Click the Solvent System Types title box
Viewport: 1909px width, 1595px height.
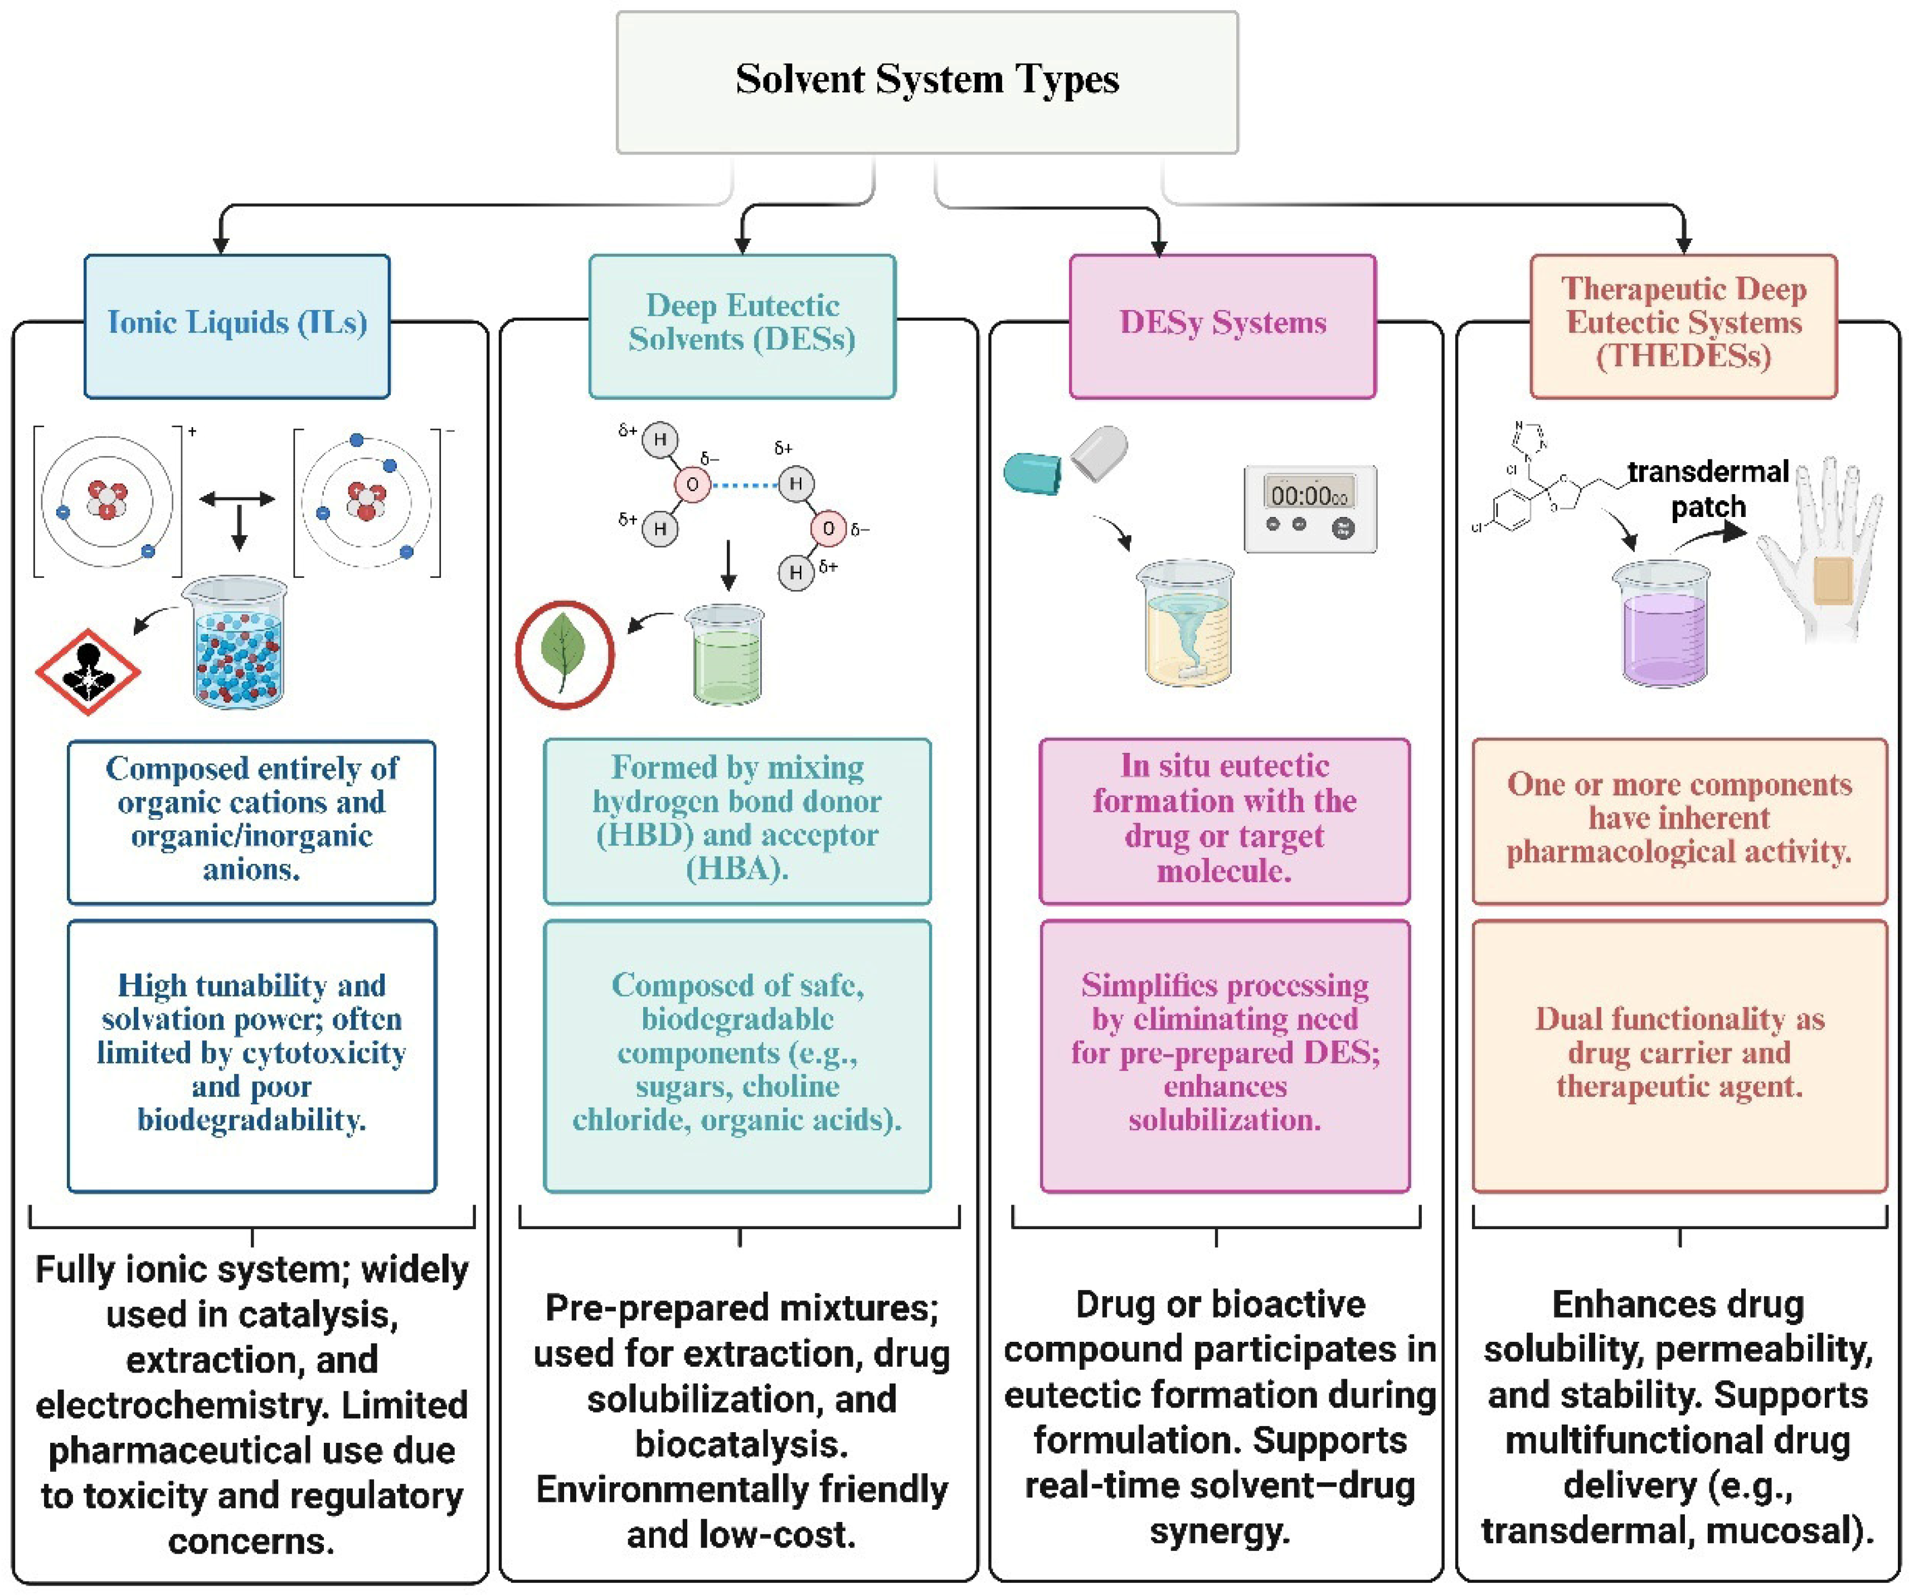point(927,82)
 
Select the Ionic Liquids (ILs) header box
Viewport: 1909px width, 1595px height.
point(237,326)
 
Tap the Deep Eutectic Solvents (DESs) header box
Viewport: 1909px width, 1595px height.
point(742,326)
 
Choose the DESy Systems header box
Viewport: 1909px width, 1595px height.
point(1223,326)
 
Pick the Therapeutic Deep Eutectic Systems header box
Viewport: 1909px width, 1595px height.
point(1684,326)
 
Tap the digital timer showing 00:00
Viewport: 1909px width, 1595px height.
point(1310,509)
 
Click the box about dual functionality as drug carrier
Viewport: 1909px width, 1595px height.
point(1679,1055)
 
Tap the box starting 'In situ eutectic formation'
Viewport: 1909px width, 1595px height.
point(1225,820)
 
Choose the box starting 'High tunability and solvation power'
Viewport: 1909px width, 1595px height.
point(252,1055)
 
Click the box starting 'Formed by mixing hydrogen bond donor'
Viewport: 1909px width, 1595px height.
point(737,820)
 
